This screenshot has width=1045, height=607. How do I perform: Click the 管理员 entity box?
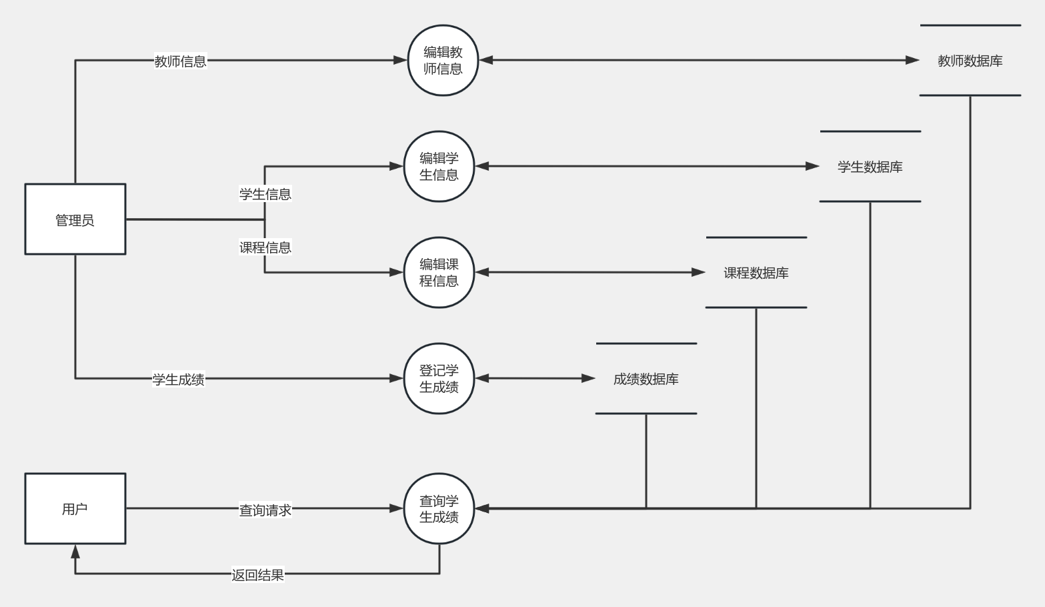75,219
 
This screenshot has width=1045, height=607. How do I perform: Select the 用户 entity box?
75,509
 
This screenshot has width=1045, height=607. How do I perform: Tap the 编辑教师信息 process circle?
443,61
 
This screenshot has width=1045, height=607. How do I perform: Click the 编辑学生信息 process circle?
439,167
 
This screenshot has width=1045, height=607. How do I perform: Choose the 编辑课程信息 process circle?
439,273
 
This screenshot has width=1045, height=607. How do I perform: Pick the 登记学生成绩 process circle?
439,379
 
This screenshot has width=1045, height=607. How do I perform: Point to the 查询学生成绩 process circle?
439,509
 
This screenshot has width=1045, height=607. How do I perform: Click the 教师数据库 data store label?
970,61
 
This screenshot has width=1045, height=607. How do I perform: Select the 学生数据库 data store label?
870,167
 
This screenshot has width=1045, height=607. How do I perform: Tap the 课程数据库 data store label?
756,273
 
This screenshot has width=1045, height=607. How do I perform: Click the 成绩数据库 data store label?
646,379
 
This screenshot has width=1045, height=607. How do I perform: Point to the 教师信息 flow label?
180,61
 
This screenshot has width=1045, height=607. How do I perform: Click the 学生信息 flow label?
265,194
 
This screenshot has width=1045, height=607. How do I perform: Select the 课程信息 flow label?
265,247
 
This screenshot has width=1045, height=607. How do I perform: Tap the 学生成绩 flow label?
178,380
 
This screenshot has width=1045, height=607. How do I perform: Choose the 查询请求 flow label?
265,510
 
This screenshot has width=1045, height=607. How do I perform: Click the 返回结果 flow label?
257,575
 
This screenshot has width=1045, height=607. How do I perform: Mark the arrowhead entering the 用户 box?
75,552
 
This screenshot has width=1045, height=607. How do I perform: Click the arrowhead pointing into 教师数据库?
912,60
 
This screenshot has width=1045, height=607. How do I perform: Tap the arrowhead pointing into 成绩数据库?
588,378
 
